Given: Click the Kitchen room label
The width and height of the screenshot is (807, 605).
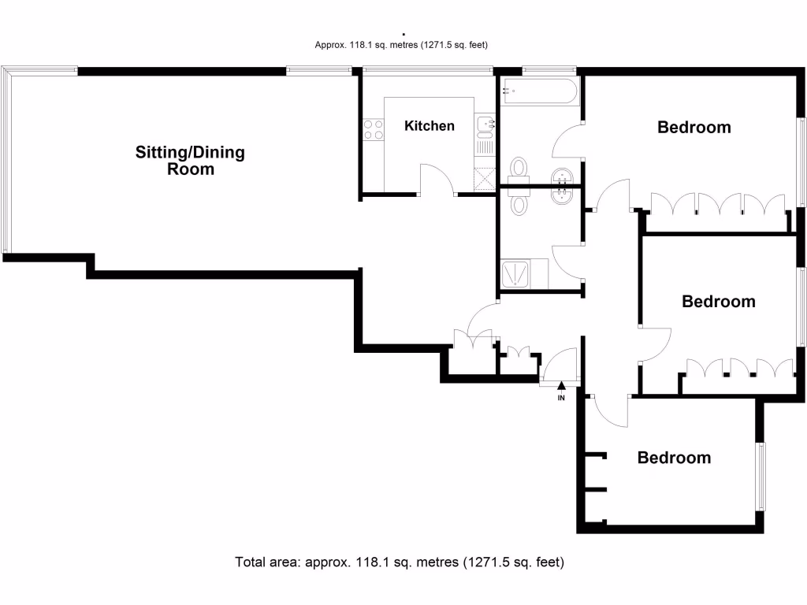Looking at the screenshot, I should [x=430, y=126].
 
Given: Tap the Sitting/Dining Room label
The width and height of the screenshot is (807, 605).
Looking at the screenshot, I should [x=190, y=160].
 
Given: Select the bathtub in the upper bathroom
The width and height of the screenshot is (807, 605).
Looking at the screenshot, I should [x=539, y=93].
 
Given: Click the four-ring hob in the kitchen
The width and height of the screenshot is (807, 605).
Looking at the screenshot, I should [x=374, y=128].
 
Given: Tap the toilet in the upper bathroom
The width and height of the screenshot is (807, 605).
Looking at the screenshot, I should [x=519, y=168].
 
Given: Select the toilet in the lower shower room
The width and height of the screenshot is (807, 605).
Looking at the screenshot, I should [x=519, y=204].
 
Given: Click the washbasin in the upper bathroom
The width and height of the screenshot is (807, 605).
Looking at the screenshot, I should [x=563, y=175].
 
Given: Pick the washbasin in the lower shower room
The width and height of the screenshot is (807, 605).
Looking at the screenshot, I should [x=563, y=195].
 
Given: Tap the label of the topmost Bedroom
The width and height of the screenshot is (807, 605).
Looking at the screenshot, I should [x=694, y=127].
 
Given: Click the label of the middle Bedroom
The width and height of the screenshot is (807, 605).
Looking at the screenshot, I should [x=718, y=301].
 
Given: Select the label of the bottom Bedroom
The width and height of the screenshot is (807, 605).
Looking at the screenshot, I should [x=674, y=458].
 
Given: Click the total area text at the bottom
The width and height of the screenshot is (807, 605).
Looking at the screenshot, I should [x=400, y=562].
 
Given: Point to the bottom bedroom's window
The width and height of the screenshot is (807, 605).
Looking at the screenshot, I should [x=761, y=476].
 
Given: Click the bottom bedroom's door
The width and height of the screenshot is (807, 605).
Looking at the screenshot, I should [x=612, y=410].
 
